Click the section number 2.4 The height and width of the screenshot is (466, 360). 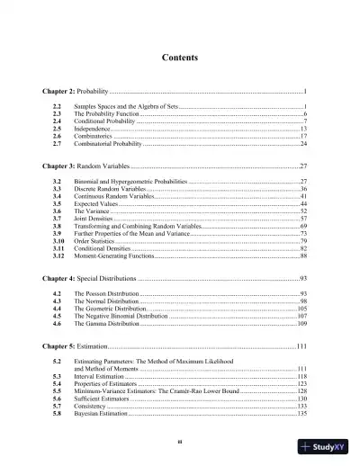pos(57,121)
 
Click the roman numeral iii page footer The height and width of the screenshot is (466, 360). pos(180,443)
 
